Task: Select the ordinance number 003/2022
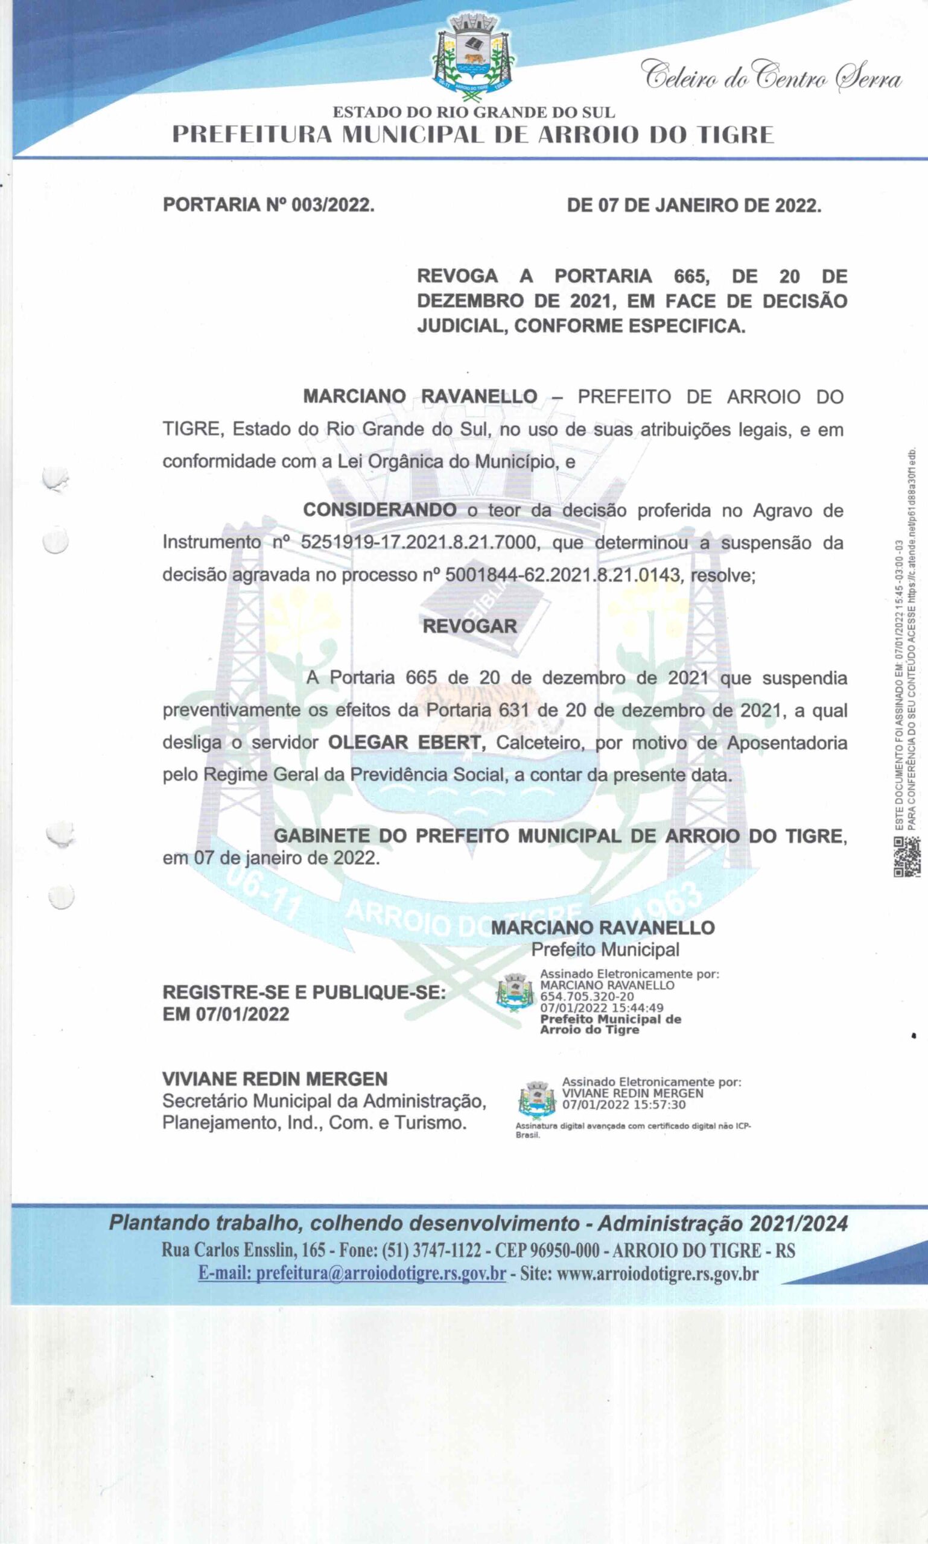tap(332, 205)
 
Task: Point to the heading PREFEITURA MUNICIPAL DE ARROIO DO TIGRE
tap(473, 135)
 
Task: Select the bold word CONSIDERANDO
tap(380, 510)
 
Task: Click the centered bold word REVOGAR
tap(469, 627)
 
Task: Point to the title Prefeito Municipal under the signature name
tap(605, 949)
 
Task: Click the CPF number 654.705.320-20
tap(587, 996)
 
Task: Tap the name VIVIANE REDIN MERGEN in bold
tap(275, 1079)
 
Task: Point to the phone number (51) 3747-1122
tap(431, 1250)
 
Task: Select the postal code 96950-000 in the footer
tap(565, 1250)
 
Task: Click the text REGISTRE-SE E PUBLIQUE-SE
tap(304, 992)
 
